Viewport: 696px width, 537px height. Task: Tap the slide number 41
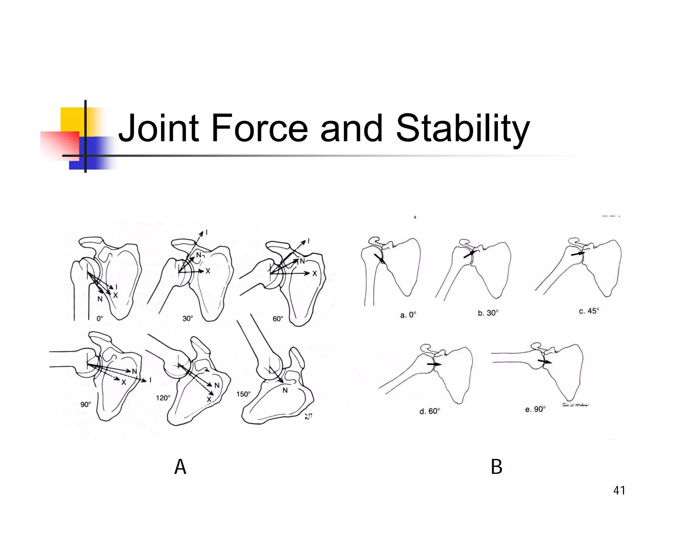click(619, 490)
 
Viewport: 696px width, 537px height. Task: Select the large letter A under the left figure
click(180, 467)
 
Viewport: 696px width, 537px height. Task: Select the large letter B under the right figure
click(497, 467)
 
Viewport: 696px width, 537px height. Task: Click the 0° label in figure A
click(100, 318)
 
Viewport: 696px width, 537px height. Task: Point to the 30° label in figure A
click(188, 318)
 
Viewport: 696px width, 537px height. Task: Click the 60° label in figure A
click(278, 319)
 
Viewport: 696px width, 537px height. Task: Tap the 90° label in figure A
click(85, 404)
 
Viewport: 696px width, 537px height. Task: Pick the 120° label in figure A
click(163, 397)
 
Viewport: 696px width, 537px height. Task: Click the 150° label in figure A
click(243, 394)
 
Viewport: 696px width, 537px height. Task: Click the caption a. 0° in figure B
click(408, 315)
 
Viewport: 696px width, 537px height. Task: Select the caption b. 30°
click(488, 313)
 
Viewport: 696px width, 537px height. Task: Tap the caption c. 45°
click(589, 311)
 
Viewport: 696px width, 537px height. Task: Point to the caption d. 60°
click(430, 411)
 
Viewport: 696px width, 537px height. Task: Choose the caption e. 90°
click(535, 409)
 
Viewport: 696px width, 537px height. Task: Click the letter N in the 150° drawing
click(285, 390)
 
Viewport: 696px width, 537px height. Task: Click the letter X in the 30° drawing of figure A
click(208, 271)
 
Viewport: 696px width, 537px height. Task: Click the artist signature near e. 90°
click(575, 405)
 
